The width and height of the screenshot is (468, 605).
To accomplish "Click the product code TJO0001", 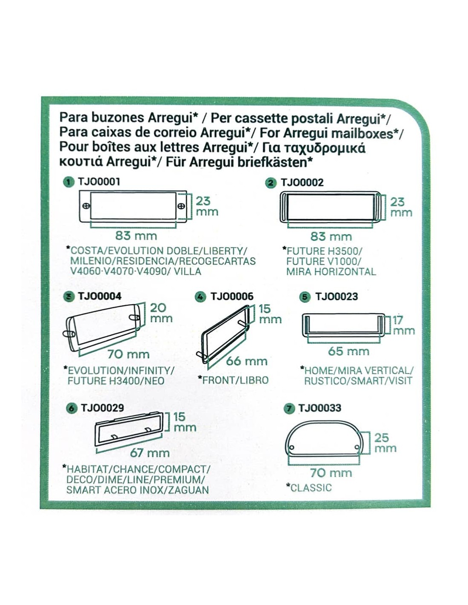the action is (99, 182).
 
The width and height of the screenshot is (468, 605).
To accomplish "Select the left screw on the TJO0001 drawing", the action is (87, 206).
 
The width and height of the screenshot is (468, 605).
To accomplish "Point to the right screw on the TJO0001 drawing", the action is (181, 206).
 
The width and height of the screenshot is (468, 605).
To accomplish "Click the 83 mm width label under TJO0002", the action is (331, 237).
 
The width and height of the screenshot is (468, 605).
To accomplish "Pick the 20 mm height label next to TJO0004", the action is (161, 313).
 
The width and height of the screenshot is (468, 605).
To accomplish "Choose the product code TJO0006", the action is (232, 297).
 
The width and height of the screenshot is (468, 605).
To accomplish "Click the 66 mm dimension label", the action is (246, 361).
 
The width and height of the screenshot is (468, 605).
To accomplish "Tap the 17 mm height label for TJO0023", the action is (403, 325).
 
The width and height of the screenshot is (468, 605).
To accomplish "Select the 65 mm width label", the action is (348, 351).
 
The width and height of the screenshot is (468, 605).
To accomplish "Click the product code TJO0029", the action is (102, 408).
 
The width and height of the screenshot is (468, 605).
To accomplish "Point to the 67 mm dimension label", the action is (150, 453).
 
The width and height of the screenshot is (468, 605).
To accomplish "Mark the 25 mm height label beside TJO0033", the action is (385, 442).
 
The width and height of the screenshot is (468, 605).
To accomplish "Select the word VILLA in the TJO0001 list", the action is (187, 271).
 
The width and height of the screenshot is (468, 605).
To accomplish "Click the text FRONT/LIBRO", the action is (236, 380).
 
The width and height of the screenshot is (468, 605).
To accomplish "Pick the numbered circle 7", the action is (289, 408).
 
